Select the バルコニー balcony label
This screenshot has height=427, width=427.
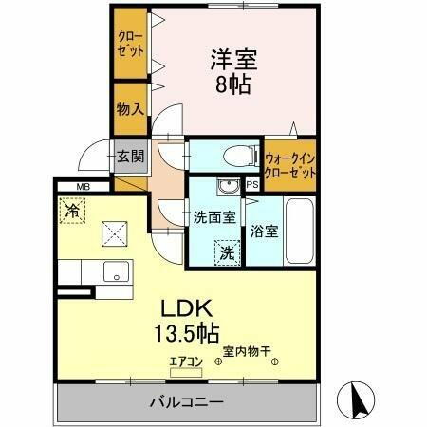tap(186, 401)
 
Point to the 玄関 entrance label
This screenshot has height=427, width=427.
tap(130, 156)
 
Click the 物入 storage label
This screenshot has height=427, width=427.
tap(130, 108)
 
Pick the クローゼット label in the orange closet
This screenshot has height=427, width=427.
tap(130, 44)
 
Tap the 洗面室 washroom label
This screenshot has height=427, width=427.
tap(214, 217)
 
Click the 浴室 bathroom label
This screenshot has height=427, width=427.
tap(264, 231)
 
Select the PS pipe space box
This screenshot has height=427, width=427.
tap(252, 185)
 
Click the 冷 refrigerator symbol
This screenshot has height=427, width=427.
tap(72, 210)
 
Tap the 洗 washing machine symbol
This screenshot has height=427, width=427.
tap(228, 253)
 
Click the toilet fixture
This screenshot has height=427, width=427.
tap(232, 156)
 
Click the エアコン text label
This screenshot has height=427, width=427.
tap(184, 360)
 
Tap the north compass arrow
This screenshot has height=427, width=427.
tap(358, 399)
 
